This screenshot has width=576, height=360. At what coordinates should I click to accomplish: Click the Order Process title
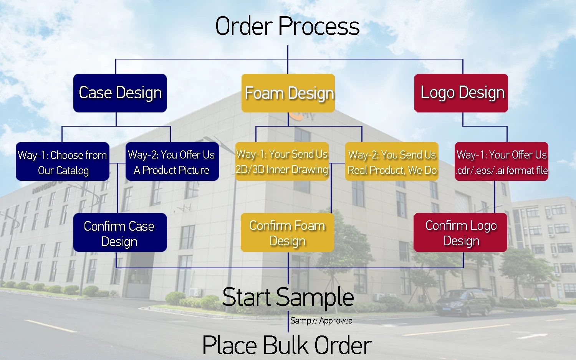(287, 26)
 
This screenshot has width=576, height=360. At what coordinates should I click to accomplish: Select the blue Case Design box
(120, 93)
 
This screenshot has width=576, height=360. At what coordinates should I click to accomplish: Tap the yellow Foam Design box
(288, 93)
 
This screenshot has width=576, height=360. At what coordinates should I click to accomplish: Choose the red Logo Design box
(461, 93)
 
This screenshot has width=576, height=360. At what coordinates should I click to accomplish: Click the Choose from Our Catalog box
(63, 162)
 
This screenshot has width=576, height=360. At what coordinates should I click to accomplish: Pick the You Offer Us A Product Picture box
(172, 162)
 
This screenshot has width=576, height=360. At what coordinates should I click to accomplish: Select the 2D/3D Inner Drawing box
(282, 162)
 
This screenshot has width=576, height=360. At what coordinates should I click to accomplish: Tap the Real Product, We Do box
(392, 162)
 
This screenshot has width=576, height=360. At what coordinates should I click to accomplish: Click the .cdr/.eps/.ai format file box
(502, 162)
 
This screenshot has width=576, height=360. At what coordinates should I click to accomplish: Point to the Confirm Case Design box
(120, 233)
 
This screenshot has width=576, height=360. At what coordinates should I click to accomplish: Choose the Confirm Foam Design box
(287, 233)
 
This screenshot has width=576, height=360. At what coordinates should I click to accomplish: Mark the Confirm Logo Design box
(460, 233)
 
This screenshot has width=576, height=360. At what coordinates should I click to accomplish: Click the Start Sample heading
(288, 297)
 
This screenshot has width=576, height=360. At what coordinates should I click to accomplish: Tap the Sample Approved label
(321, 320)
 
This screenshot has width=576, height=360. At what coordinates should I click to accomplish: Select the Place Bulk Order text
(287, 345)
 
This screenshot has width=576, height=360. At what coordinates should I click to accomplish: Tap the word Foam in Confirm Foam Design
(310, 225)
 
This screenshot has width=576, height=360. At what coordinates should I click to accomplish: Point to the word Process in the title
(319, 26)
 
